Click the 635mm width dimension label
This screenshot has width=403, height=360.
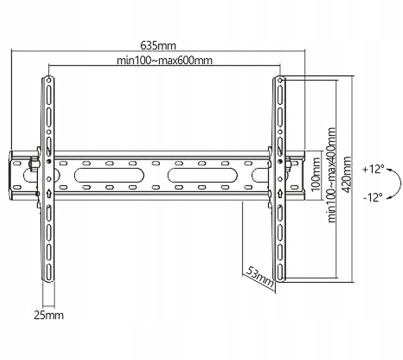(x=158, y=46)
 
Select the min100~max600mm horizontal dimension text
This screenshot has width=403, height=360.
(x=165, y=61)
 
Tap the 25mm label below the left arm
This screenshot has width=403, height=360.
(x=49, y=315)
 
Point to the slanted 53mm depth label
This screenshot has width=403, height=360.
(x=260, y=277)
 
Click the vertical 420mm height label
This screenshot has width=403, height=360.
(x=347, y=175)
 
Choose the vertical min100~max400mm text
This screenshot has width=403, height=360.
(x=332, y=175)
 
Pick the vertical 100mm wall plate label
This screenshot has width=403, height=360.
(x=316, y=175)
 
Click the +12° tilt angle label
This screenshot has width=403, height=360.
(x=373, y=169)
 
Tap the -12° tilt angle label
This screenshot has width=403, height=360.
(x=373, y=197)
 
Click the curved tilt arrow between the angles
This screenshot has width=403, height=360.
(x=400, y=183)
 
